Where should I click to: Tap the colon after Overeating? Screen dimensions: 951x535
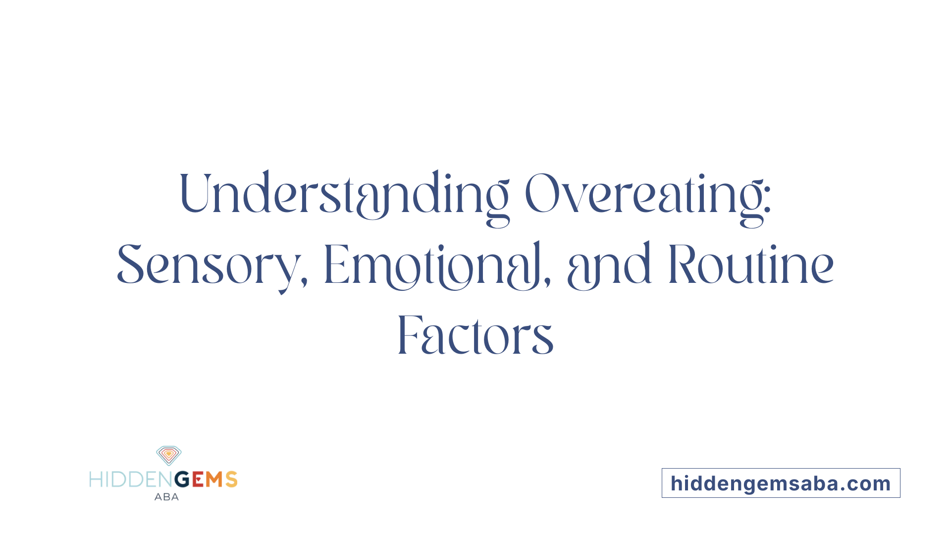[x=767, y=201]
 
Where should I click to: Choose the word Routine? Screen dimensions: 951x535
[x=751, y=265]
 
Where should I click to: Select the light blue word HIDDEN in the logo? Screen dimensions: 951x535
[x=131, y=480]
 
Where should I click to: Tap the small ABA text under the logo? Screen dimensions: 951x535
[x=166, y=497]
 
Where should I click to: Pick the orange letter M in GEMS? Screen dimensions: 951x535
[x=214, y=480]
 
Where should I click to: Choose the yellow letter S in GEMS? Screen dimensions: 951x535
[x=231, y=480]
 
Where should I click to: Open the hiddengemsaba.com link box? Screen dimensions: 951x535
[x=781, y=483]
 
